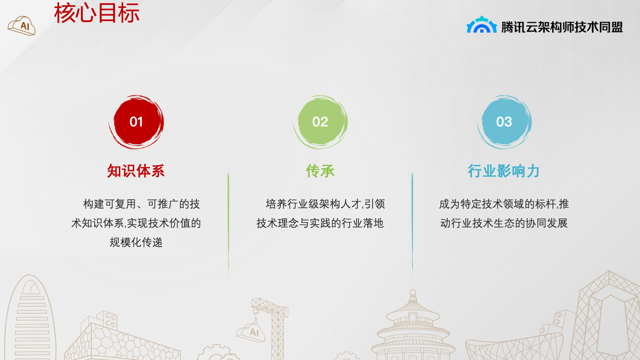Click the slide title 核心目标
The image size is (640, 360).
coord(96,13)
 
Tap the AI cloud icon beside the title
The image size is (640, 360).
coord(22,26)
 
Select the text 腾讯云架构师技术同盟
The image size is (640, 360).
coord(562,27)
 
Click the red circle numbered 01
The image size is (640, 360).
coord(136,122)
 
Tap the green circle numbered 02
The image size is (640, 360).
coord(320,122)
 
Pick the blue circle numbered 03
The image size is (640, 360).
coord(504,122)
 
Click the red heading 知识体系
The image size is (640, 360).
coord(136,171)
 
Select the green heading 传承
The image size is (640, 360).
coord(320,171)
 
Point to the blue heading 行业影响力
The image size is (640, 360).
coord(504,171)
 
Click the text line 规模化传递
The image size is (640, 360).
coord(136,242)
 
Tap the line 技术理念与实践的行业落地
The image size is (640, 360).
coord(320,223)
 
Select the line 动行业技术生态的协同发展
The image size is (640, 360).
coord(504,223)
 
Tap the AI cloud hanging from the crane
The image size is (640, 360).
coord(250,332)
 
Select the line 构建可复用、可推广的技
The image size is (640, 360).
coord(142,204)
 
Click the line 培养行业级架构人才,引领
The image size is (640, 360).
coord(326,204)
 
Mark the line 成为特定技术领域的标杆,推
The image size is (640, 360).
coord(504,204)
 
